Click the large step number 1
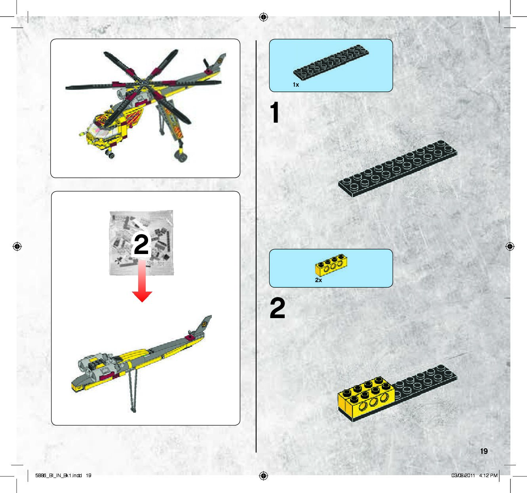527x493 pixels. pos(275,112)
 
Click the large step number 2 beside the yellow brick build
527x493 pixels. pos(277,308)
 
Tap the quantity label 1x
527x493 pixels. pos(296,85)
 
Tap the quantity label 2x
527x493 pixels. pos(318,280)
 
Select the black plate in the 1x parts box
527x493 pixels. pos(331,62)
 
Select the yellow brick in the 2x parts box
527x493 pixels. pos(331,265)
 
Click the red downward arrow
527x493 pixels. pos(142,281)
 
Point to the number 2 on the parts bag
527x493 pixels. pos(141,244)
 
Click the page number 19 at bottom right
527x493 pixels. pos(484,451)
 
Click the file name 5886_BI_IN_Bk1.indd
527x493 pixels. pos(59,475)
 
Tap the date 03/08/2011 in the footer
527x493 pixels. pos(463,475)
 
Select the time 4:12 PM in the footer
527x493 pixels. pos(488,475)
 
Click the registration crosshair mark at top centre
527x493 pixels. pos(263,17)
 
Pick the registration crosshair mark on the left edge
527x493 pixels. pos(17,246)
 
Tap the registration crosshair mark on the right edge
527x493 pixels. pos(510,246)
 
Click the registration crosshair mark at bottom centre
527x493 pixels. pos(263,476)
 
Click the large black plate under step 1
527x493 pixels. pos(398,169)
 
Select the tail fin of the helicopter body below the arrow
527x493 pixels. pos(204,325)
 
